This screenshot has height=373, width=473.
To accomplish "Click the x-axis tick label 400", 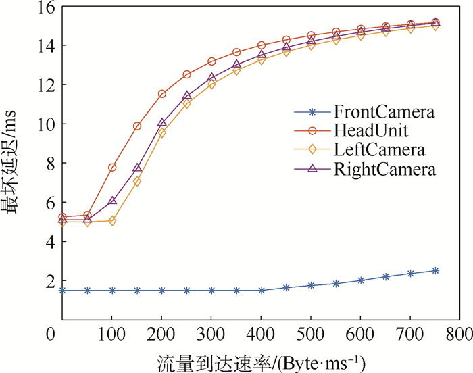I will click(261, 334).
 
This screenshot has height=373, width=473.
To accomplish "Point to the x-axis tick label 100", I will click(112, 334).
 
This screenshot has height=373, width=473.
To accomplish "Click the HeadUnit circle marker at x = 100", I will click(112, 167).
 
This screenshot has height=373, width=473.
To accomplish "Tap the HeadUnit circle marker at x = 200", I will click(162, 94).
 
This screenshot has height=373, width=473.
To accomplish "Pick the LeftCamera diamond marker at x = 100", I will click(112, 220).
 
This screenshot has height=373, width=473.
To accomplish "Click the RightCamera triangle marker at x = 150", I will click(137, 168).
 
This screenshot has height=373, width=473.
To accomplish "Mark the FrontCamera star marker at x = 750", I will click(436, 270).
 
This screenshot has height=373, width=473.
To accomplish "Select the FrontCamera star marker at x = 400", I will click(262, 290).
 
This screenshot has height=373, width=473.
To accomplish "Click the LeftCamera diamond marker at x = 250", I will click(187, 103).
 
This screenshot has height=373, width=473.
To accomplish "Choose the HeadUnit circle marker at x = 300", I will click(211, 61).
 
